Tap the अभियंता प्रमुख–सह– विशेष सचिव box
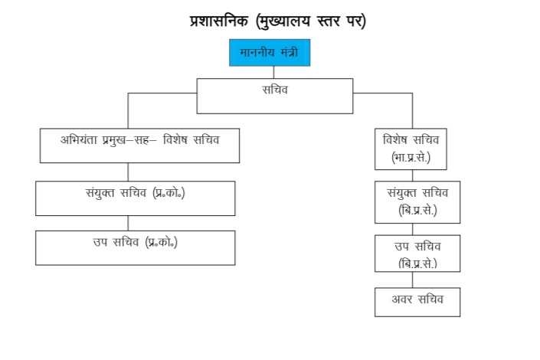click(x=139, y=146)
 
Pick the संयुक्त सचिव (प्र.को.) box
click(x=135, y=198)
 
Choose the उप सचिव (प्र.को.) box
click(x=135, y=247)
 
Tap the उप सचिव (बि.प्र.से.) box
click(x=417, y=253)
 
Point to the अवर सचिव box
click(x=417, y=301)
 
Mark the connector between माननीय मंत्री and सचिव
click(x=273, y=72)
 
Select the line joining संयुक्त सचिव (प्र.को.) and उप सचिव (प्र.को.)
click(x=128, y=223)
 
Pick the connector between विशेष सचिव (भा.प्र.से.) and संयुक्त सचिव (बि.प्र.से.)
click(x=413, y=175)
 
